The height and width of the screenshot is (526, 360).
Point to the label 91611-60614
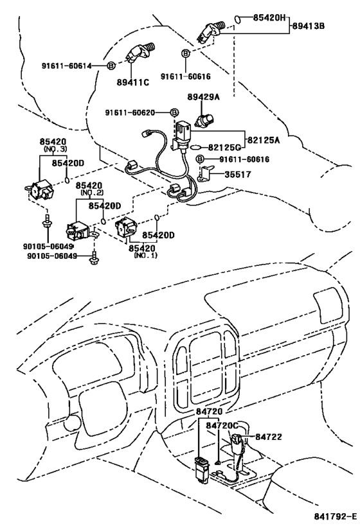click(67, 66)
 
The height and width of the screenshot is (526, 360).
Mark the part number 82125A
click(267, 137)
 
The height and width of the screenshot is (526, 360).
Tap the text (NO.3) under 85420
click(55, 148)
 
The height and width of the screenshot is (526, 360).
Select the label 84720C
click(222, 425)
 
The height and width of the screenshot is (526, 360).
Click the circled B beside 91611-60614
click(110, 66)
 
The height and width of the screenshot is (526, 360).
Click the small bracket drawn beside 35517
click(206, 174)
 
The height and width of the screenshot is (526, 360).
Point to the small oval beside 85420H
click(237, 19)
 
